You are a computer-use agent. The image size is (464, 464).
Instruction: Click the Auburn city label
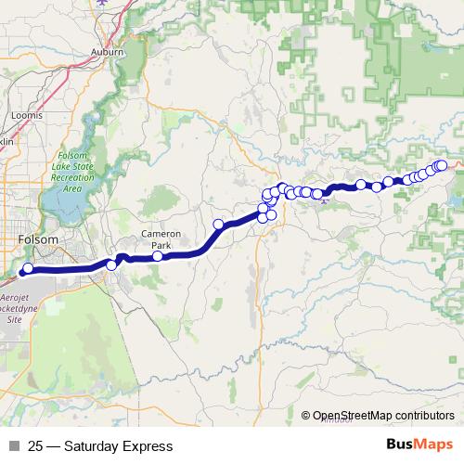(x=108, y=53)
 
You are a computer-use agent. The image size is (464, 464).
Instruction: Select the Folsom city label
(x=38, y=239)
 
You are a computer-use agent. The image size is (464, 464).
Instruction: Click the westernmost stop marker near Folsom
(x=28, y=269)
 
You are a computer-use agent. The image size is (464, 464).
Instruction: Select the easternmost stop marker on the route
(x=442, y=165)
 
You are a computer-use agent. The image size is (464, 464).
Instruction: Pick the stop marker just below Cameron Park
(x=158, y=256)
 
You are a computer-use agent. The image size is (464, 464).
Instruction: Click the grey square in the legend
(x=14, y=446)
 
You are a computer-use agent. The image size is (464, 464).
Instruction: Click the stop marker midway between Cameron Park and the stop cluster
(x=219, y=224)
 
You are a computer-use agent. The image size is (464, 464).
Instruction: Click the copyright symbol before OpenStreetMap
(x=305, y=415)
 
